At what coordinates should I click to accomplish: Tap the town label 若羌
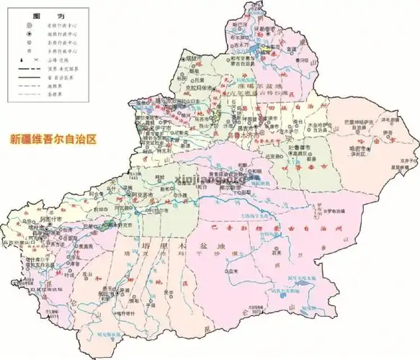(x=277, y=253)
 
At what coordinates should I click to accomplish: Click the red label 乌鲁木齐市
(x=249, y=134)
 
